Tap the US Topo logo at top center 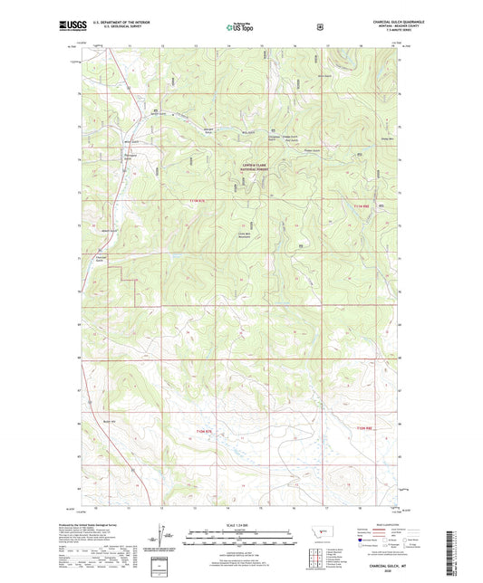(240, 28)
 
